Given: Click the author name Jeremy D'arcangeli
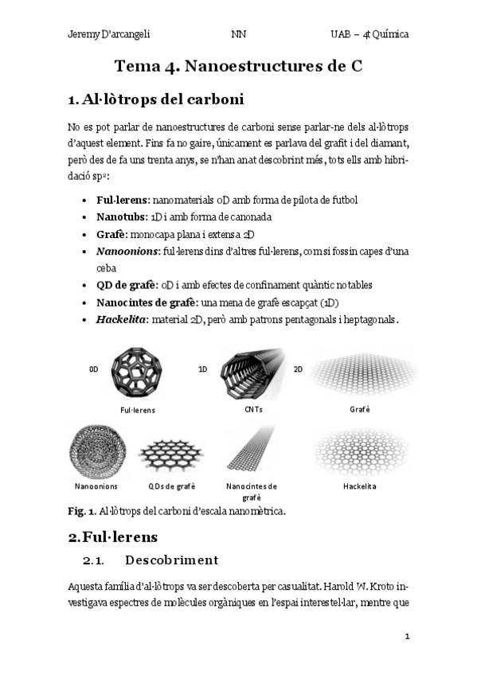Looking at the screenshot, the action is [109, 35].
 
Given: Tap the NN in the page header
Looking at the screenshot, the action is [238, 35].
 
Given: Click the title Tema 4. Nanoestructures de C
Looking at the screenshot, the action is [238, 67].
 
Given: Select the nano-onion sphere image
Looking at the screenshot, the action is [96, 451].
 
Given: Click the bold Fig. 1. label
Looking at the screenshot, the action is [81, 509].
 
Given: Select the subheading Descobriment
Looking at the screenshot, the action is [171, 560].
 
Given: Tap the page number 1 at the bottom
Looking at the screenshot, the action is [407, 636].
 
